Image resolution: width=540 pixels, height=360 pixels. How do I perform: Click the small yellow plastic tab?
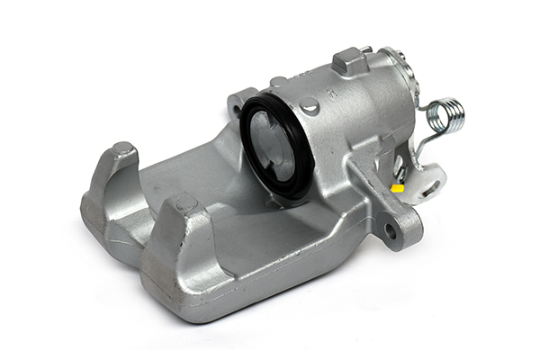[397, 188]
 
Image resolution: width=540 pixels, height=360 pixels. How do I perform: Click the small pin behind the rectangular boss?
[365, 50]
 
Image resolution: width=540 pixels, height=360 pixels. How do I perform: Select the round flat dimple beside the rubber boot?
[310, 106]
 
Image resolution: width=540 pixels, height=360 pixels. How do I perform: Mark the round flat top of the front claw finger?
[185, 203]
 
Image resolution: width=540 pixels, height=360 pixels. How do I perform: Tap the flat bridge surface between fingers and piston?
[216, 184]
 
